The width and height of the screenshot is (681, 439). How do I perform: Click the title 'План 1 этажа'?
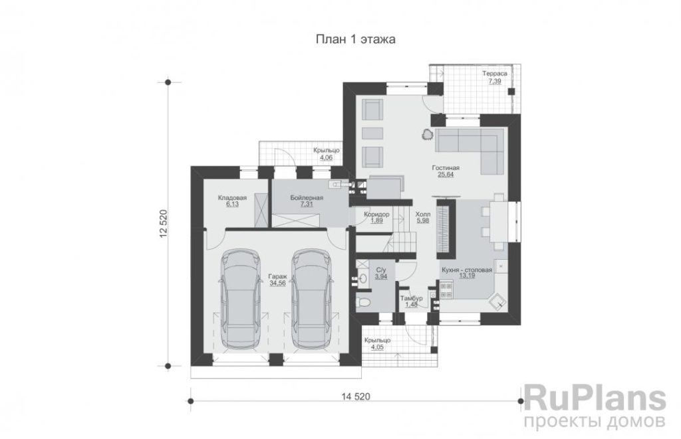click(x=355, y=39)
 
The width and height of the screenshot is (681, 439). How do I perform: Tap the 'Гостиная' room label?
click(x=446, y=168)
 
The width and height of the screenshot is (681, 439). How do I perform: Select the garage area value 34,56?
click(x=277, y=284)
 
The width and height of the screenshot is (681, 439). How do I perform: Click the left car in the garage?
click(x=241, y=298)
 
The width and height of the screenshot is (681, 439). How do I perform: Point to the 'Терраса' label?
click(x=495, y=74)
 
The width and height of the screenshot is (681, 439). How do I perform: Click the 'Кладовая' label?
click(x=232, y=198)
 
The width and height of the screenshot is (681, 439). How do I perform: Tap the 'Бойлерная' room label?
click(x=307, y=198)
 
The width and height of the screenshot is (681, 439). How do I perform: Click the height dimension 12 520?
click(x=164, y=224)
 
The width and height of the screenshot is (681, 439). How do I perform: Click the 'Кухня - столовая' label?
click(x=467, y=270)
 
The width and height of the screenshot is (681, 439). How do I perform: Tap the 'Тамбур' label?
click(x=411, y=298)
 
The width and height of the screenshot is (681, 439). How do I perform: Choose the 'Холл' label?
click(x=422, y=215)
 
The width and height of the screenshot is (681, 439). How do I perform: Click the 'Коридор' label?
click(x=376, y=215)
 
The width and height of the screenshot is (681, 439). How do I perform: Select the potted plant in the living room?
click(x=427, y=135)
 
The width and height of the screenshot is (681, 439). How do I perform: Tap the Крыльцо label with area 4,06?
click(x=326, y=151)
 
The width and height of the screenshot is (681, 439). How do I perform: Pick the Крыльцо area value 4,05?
click(x=377, y=347)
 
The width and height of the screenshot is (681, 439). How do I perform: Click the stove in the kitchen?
click(x=446, y=290)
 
